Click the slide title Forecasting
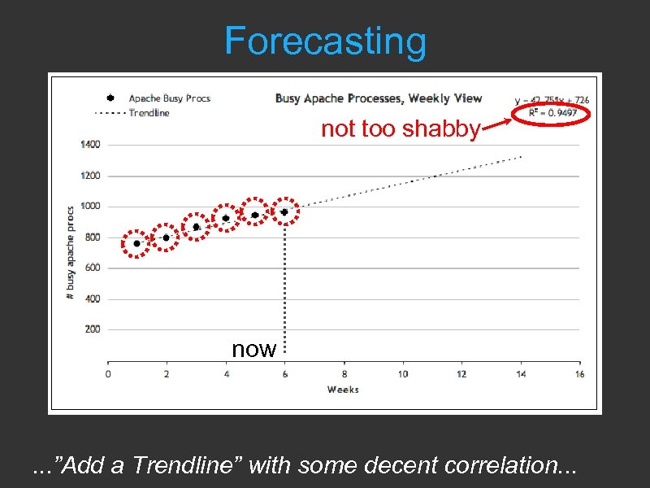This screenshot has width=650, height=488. (x=325, y=41)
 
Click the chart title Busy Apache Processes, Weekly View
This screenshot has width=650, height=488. (x=378, y=98)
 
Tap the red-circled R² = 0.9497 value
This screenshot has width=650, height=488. (x=552, y=112)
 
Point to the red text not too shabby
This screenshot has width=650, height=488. (x=401, y=129)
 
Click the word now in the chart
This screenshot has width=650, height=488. (x=254, y=349)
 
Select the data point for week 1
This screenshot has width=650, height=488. (x=136, y=243)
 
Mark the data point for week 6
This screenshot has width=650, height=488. (x=284, y=211)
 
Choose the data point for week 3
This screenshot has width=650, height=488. (x=196, y=227)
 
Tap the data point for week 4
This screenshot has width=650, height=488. (x=226, y=218)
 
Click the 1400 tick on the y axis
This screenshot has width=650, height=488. (x=90, y=145)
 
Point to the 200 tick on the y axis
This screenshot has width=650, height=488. (x=93, y=329)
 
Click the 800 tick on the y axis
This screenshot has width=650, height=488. (x=93, y=237)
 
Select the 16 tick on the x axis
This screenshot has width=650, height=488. (x=579, y=374)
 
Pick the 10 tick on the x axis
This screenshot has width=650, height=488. (x=403, y=374)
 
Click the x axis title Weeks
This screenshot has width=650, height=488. (x=343, y=390)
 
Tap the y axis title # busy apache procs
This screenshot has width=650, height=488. (x=71, y=252)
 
